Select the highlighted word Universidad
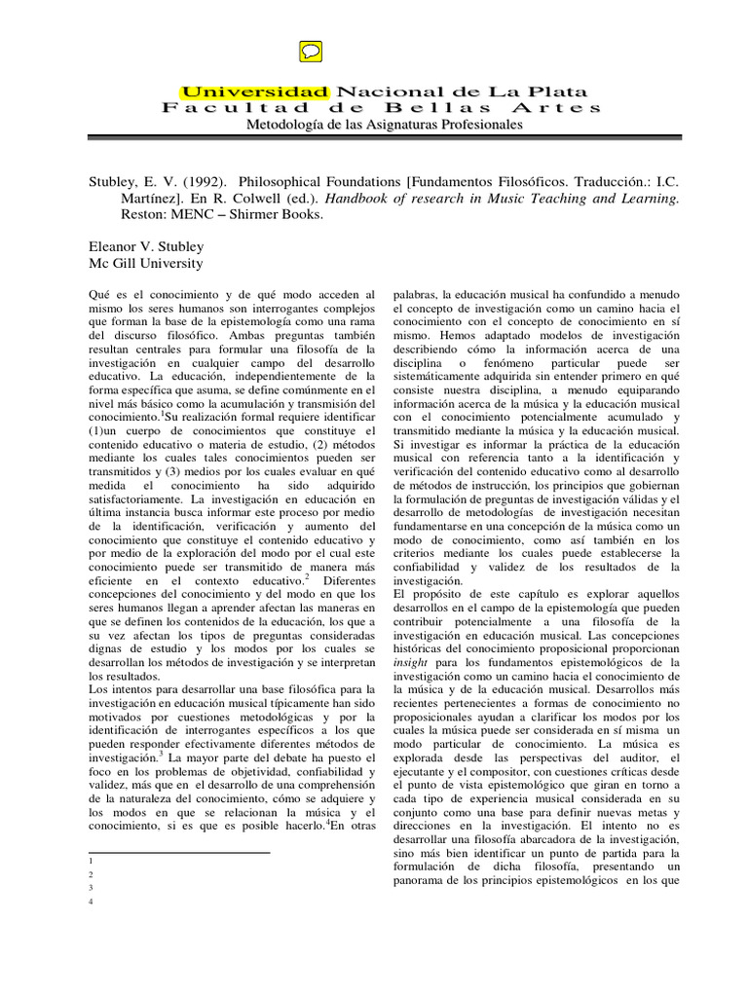256,90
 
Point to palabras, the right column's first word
415,293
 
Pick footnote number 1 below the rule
90,862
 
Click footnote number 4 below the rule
90,902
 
